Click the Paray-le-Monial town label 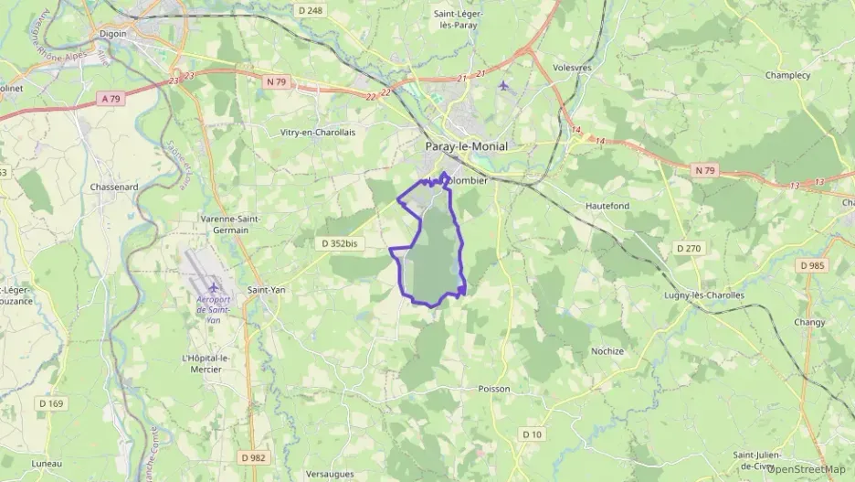467,146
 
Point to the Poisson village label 494,389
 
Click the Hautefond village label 607,207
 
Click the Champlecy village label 787,75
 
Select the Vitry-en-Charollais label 318,132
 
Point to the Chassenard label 114,187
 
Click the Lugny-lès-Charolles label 704,295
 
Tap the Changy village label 809,322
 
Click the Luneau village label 47,464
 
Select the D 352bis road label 339,243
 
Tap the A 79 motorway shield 111,99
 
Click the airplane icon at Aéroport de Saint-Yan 214,288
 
